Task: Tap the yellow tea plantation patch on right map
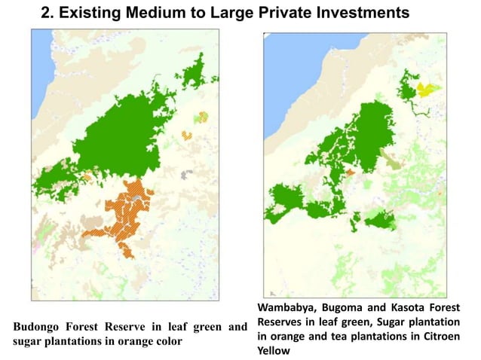pos(427,90)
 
